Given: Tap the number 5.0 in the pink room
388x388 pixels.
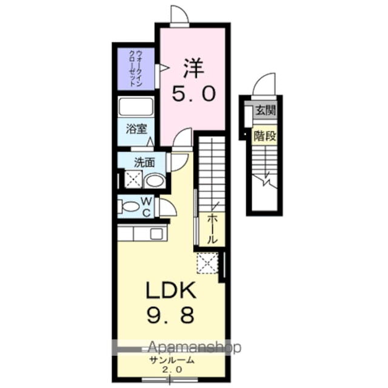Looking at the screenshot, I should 192,94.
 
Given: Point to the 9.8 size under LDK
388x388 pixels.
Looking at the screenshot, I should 171,316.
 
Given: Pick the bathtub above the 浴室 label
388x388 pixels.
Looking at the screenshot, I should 136,107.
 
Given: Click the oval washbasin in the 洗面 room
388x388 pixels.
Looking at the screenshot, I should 155,180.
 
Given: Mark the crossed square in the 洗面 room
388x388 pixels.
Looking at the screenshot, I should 133,179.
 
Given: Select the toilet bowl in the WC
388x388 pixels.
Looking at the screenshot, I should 130,207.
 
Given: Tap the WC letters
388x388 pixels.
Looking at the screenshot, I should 147,206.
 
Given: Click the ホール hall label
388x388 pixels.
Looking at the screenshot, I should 212,230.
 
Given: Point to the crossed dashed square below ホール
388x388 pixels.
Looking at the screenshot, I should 207,264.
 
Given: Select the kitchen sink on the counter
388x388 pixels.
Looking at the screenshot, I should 156,233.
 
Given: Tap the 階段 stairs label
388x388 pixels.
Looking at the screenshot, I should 265,136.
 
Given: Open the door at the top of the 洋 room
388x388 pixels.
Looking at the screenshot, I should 179,16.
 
